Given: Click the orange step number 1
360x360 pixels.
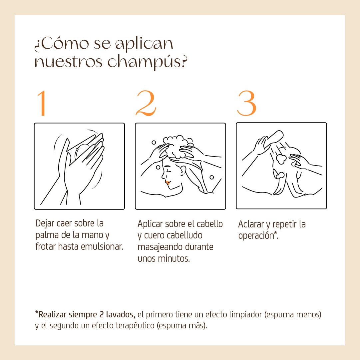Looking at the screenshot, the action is point(42,103).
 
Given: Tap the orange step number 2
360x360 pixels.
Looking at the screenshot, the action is point(146,103).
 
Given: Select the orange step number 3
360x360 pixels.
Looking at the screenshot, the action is point(246,103).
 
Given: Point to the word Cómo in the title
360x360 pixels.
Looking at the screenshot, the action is point(65,44).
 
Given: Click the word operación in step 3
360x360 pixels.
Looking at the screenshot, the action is point(256,236).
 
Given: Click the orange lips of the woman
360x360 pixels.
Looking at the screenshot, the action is point(168,182).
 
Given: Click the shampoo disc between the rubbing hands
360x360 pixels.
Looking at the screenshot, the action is point(82,152).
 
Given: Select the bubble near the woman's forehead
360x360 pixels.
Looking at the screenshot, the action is point(158,168).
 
